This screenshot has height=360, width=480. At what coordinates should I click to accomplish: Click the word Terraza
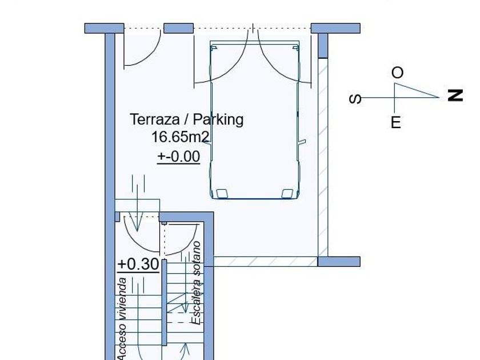[155, 119]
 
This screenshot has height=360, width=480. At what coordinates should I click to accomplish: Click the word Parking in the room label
[218, 119]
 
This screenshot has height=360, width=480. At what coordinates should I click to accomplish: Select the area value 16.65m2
[181, 137]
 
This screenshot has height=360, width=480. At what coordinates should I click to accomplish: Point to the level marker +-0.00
[179, 157]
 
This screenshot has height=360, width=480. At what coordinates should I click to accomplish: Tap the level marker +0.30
[138, 264]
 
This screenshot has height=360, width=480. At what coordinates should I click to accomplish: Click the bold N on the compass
[455, 95]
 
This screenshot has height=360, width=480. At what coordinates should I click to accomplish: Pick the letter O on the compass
[397, 73]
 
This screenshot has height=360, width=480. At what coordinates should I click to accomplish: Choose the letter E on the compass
[396, 122]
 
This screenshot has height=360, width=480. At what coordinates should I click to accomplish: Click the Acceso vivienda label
[122, 319]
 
